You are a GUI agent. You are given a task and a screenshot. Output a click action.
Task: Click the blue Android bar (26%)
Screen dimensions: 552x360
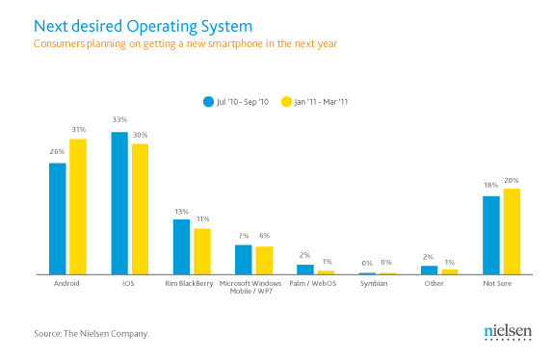coord(58,219)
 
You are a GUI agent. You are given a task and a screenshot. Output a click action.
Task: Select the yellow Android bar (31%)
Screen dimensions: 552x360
coord(78,207)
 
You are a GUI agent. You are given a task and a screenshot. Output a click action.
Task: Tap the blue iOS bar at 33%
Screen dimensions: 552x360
coord(119,203)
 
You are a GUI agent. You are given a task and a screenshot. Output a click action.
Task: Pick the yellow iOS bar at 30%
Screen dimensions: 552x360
coord(140,209)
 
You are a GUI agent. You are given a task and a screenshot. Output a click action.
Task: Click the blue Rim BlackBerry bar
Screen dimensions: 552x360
coord(181,246)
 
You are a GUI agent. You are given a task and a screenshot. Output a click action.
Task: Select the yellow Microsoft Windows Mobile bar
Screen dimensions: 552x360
coord(264,261)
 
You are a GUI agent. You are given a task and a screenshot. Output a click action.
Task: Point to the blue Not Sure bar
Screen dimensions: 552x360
coord(491,235)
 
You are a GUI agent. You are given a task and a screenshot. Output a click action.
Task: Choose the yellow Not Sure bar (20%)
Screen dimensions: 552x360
coord(512,232)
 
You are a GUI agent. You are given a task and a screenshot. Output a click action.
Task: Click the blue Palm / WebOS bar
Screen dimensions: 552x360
coord(305,270)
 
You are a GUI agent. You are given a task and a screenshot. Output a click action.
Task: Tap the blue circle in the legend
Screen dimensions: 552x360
coord(208,102)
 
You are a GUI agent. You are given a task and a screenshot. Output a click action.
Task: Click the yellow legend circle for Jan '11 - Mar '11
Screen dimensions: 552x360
coord(286,102)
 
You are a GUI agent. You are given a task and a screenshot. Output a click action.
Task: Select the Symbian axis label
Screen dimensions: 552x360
coord(374,284)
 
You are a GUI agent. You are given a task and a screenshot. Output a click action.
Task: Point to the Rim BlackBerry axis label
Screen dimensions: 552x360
coord(189,284)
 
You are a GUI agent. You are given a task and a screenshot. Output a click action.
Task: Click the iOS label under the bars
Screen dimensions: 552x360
coord(128,283)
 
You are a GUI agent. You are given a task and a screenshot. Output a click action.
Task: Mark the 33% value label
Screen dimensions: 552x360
coord(119,119)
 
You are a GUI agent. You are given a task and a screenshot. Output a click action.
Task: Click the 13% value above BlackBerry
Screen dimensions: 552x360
coord(182,212)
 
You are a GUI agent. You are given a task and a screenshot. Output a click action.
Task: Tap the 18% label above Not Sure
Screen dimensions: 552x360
coord(490,185)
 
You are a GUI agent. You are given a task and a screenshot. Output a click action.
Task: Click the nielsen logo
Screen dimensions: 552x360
coord(508,332)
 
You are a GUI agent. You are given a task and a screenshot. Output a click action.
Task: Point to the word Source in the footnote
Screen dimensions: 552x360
coord(47,334)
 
